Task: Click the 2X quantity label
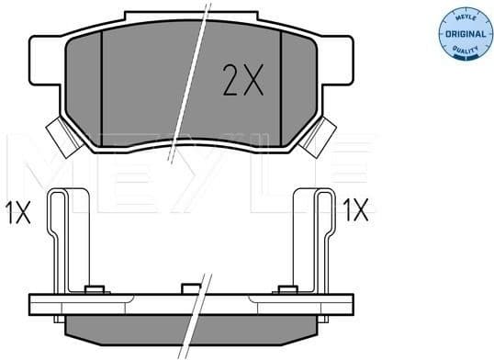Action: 242,83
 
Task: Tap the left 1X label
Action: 17,213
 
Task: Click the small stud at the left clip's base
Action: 92,292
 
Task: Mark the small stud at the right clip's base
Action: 282,292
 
